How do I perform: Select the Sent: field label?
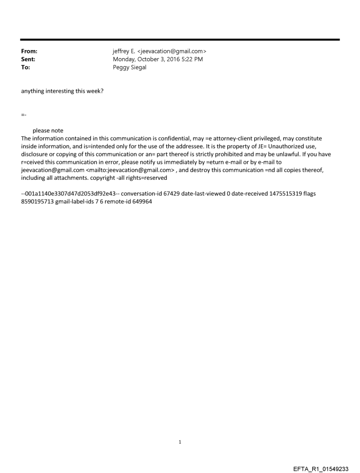28,59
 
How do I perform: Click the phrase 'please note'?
48,130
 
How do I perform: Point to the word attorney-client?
232,138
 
